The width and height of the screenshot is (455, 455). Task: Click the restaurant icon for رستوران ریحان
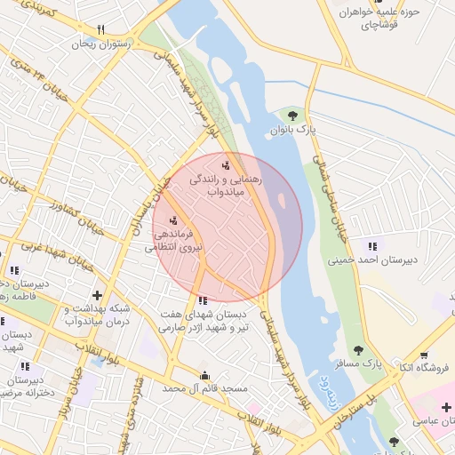[x=100, y=29]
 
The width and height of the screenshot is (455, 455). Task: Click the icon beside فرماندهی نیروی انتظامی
[x=172, y=220]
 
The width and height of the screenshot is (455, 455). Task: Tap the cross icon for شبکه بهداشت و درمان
[x=97, y=295]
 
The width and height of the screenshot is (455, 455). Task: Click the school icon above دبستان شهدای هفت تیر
[x=204, y=300]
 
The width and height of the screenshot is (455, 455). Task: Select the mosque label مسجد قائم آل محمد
[x=204, y=388]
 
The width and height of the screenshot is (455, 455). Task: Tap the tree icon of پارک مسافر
[x=358, y=351]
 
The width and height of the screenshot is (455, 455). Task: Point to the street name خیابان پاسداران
[x=148, y=204]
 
